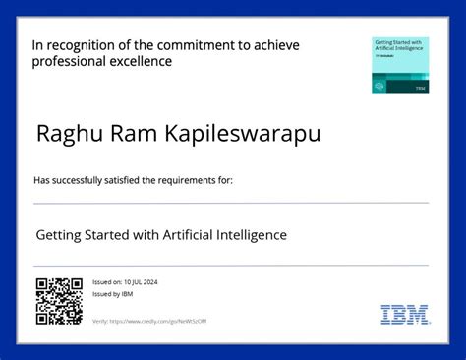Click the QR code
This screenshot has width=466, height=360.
(x=59, y=302)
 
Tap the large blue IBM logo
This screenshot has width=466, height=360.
(x=405, y=315)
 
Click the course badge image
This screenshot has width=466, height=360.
(x=400, y=66)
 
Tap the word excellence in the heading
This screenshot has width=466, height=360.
(x=141, y=61)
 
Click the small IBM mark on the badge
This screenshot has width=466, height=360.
(x=421, y=89)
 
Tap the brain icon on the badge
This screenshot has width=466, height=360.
(x=379, y=88)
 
